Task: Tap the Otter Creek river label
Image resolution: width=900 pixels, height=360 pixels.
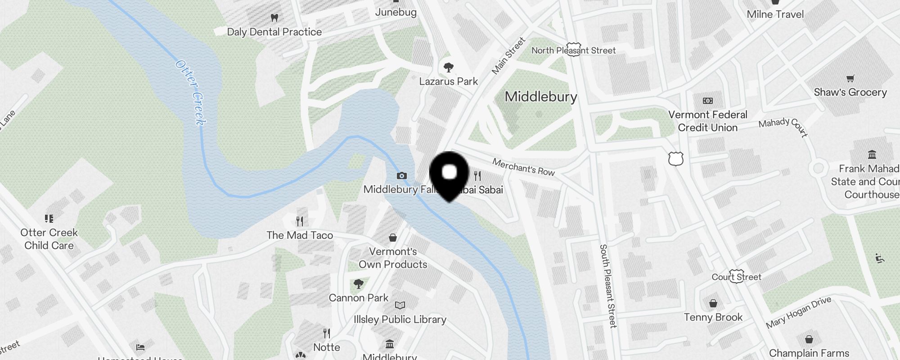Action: [x=191, y=93]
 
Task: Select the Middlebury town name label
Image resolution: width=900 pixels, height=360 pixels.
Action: [x=541, y=97]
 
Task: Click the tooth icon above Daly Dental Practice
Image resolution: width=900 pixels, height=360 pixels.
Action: [x=274, y=18]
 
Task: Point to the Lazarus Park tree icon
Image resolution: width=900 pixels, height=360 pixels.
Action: [x=448, y=68]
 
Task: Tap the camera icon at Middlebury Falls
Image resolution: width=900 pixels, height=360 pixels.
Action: [x=402, y=175]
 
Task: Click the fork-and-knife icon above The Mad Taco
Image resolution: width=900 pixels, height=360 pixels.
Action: [x=300, y=221]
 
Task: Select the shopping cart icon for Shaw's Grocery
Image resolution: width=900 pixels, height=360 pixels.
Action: [x=850, y=79]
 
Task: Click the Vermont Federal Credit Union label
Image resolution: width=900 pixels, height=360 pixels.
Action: [x=707, y=121]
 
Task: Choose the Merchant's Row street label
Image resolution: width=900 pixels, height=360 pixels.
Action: [x=523, y=166]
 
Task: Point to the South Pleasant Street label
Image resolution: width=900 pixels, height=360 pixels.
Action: [x=607, y=286]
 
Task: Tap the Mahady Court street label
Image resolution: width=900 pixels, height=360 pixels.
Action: [x=783, y=126]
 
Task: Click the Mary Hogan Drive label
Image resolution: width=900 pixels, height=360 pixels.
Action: [x=798, y=312]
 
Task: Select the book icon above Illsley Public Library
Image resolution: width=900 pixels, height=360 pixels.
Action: [x=400, y=306]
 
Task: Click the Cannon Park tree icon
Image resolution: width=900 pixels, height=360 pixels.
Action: [x=359, y=284]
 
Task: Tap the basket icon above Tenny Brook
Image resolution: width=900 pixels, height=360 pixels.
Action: [x=713, y=303]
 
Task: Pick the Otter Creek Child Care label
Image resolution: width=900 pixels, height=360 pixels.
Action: [x=49, y=239]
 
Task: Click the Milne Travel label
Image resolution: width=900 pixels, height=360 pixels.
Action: [x=775, y=14]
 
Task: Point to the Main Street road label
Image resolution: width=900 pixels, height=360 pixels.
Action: [x=508, y=56]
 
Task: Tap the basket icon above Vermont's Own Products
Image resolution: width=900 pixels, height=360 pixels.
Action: [x=393, y=237]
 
